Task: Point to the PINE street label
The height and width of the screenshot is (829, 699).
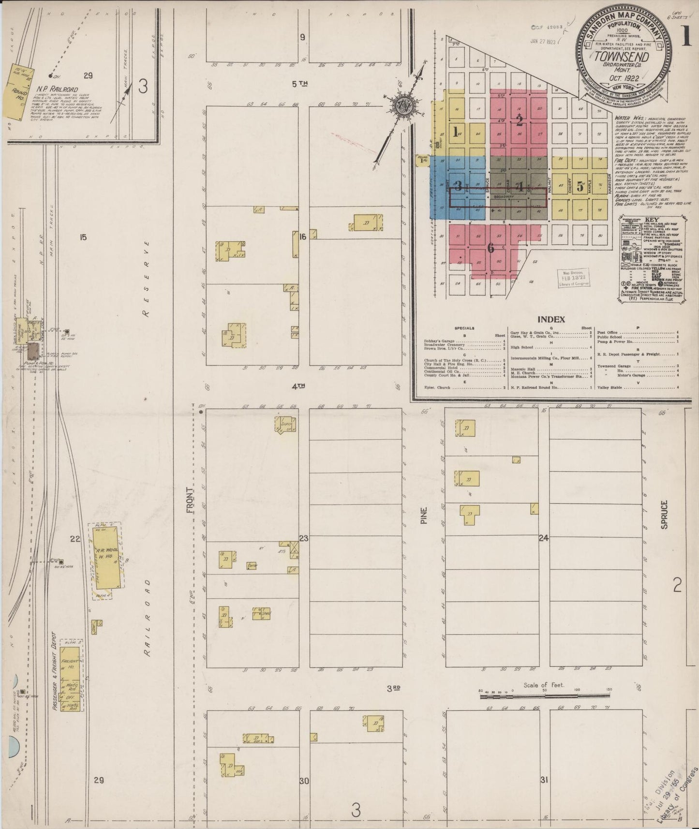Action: (x=424, y=516)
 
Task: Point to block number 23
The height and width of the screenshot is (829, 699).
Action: (x=304, y=538)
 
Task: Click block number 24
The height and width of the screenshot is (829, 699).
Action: (x=544, y=538)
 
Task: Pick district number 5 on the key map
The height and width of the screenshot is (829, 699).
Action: (x=580, y=184)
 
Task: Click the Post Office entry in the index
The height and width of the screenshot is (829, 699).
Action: (x=607, y=333)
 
